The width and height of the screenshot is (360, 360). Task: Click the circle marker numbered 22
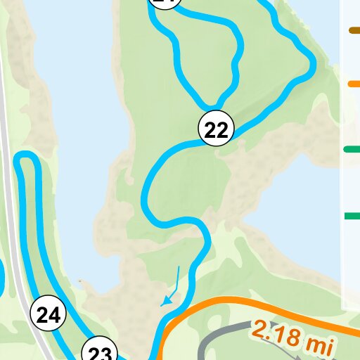(x=217, y=129)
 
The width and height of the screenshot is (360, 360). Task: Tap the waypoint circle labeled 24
(x=48, y=316)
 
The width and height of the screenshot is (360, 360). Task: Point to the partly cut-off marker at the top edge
(x=165, y=3)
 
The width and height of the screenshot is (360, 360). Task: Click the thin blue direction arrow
(x=172, y=288)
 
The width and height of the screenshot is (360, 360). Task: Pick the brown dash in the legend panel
(x=354, y=30)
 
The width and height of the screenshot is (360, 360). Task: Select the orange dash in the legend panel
(x=354, y=84)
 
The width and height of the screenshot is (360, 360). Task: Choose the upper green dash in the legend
(x=352, y=149)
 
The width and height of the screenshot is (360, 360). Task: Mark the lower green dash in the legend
(x=352, y=216)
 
